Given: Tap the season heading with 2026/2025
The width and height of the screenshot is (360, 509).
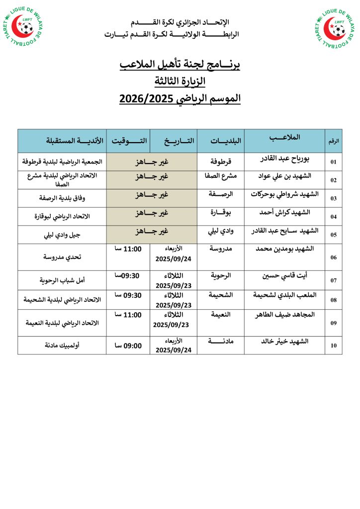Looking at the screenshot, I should click(180, 98).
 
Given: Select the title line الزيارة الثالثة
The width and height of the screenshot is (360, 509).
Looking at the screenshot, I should click(180, 81).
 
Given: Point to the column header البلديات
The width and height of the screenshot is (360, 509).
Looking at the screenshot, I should click(220, 141).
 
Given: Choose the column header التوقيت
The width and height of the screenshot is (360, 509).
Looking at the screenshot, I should click(129, 141).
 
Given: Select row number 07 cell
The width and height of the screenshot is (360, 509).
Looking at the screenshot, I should click(334, 280).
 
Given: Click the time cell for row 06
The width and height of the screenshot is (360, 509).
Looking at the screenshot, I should click(128, 249).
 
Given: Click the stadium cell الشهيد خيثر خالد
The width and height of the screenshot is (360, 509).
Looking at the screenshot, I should click(285, 341).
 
